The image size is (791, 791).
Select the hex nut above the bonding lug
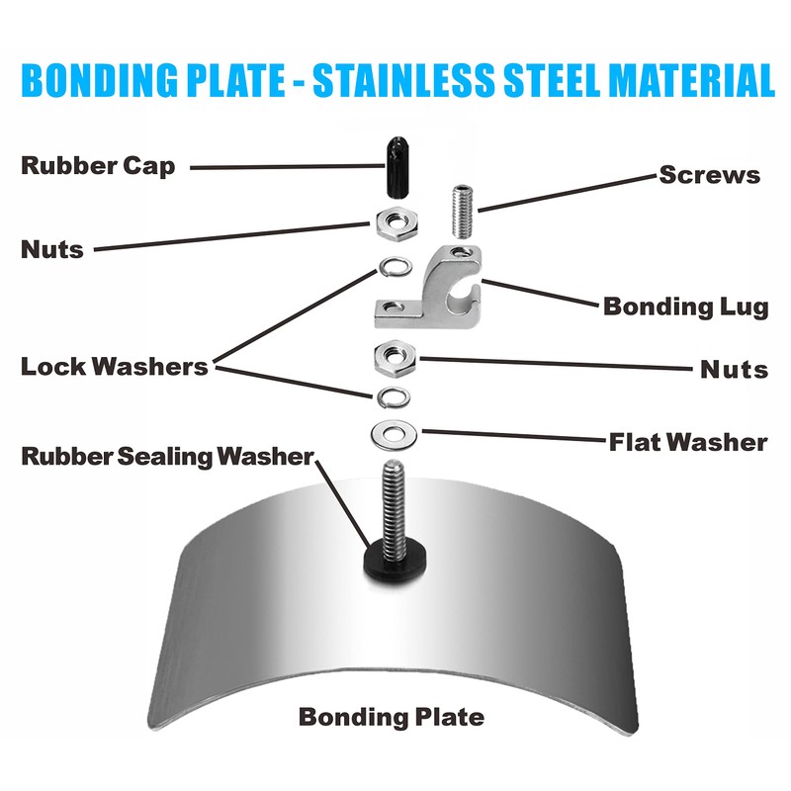(395, 222)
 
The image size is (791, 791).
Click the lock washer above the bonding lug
(393, 267)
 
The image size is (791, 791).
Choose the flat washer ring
(394, 432)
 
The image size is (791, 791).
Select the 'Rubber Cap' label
(98, 165)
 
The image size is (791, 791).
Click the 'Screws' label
(710, 176)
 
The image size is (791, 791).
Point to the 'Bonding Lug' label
(685, 307)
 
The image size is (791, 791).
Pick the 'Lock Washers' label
(115, 367)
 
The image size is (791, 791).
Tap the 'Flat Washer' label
(687, 441)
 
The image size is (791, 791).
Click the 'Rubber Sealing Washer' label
(167, 457)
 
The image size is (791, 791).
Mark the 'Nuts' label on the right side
(734, 370)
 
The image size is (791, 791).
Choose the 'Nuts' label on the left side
(52, 248)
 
